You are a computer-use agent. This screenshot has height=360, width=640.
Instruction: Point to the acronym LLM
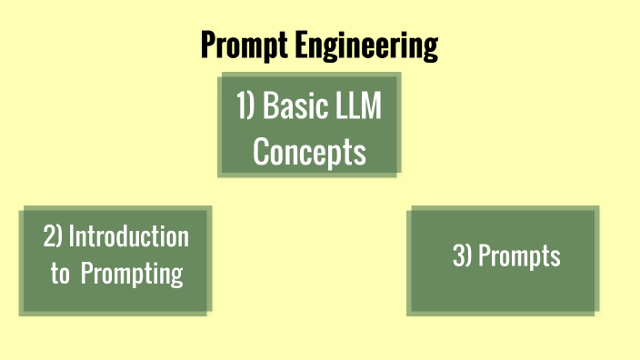[x=358, y=106]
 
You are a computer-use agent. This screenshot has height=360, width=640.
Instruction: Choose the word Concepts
[x=309, y=151]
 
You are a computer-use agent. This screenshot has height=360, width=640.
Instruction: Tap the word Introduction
[x=128, y=236]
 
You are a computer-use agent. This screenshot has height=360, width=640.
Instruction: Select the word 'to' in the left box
[x=60, y=274]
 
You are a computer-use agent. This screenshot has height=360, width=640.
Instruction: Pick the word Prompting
[x=132, y=274]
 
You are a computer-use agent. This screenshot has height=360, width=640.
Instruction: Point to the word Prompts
[x=519, y=257]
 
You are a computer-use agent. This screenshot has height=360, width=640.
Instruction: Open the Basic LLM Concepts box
[x=309, y=125]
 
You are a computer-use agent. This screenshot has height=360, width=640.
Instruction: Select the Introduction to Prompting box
[x=115, y=261]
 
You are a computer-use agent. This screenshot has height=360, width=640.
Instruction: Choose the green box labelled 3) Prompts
[x=504, y=259]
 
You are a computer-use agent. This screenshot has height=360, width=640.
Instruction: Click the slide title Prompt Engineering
[x=319, y=45]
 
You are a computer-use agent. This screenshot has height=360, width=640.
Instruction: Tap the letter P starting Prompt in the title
[x=208, y=44]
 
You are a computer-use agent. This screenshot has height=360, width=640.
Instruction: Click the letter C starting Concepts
[x=260, y=151]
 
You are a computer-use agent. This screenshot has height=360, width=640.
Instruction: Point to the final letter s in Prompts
[x=555, y=257]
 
